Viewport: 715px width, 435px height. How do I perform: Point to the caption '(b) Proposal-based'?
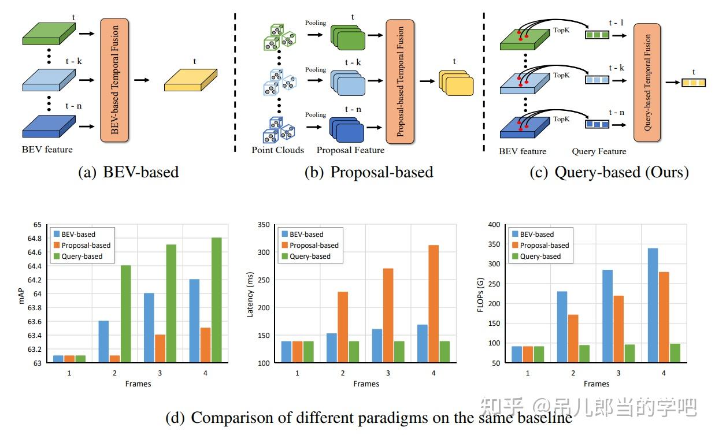pyautogui.click(x=368, y=172)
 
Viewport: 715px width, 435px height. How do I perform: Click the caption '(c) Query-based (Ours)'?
pyautogui.click(x=609, y=172)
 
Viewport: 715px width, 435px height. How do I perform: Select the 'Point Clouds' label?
pyautogui.click(x=277, y=150)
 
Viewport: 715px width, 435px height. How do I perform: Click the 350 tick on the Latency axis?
pyautogui.click(x=263, y=225)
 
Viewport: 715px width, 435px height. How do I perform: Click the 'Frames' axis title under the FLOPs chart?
pyautogui.click(x=596, y=384)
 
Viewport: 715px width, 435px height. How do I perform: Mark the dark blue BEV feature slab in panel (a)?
pyautogui.click(x=49, y=127)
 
